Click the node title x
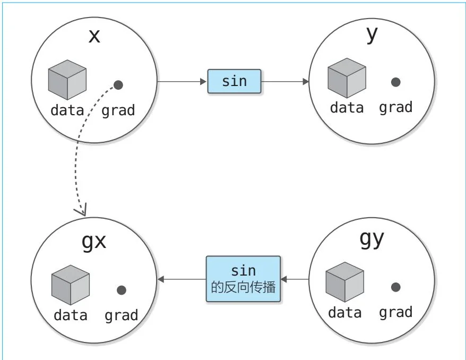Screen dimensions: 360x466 pyautogui.click(x=94, y=36)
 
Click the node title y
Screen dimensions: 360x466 pyautogui.click(x=372, y=33)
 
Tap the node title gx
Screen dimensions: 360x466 pyautogui.click(x=94, y=242)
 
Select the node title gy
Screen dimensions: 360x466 pyautogui.click(x=372, y=238)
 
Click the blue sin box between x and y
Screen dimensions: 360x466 pyautogui.click(x=234, y=81)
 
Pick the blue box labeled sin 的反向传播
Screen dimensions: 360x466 pyautogui.click(x=244, y=279)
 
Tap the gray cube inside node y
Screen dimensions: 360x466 pyautogui.click(x=347, y=78)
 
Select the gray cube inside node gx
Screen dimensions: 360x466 pyautogui.click(x=71, y=285)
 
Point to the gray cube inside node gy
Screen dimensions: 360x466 pyautogui.click(x=344, y=282)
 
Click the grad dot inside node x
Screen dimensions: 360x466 pyautogui.click(x=118, y=84)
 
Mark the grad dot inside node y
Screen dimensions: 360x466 pyautogui.click(x=395, y=82)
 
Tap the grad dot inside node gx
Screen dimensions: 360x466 pyautogui.click(x=122, y=290)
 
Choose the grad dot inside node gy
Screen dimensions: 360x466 pyautogui.click(x=395, y=287)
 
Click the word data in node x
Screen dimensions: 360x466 pyautogui.click(x=67, y=110)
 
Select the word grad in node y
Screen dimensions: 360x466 pyautogui.click(x=395, y=107)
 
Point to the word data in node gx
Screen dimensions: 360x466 pyautogui.click(x=70, y=315)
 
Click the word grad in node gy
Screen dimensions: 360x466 pyautogui.click(x=395, y=312)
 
